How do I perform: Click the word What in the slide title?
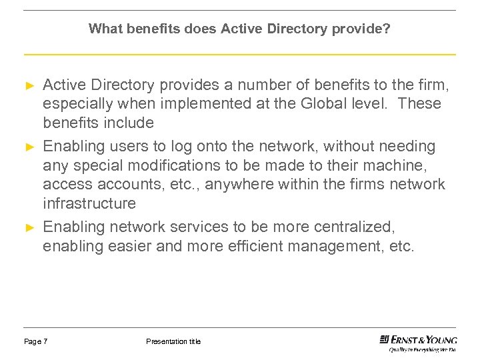coord(102,29)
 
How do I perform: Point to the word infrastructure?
coord(89,203)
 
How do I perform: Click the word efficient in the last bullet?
coord(255,247)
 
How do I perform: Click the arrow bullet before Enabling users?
coord(29,146)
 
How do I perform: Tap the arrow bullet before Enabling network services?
coord(29,227)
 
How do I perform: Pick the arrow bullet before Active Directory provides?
coord(29,85)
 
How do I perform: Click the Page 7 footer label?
coord(35,342)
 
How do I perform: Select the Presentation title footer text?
coord(173,342)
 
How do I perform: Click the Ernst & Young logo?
coord(418,342)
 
